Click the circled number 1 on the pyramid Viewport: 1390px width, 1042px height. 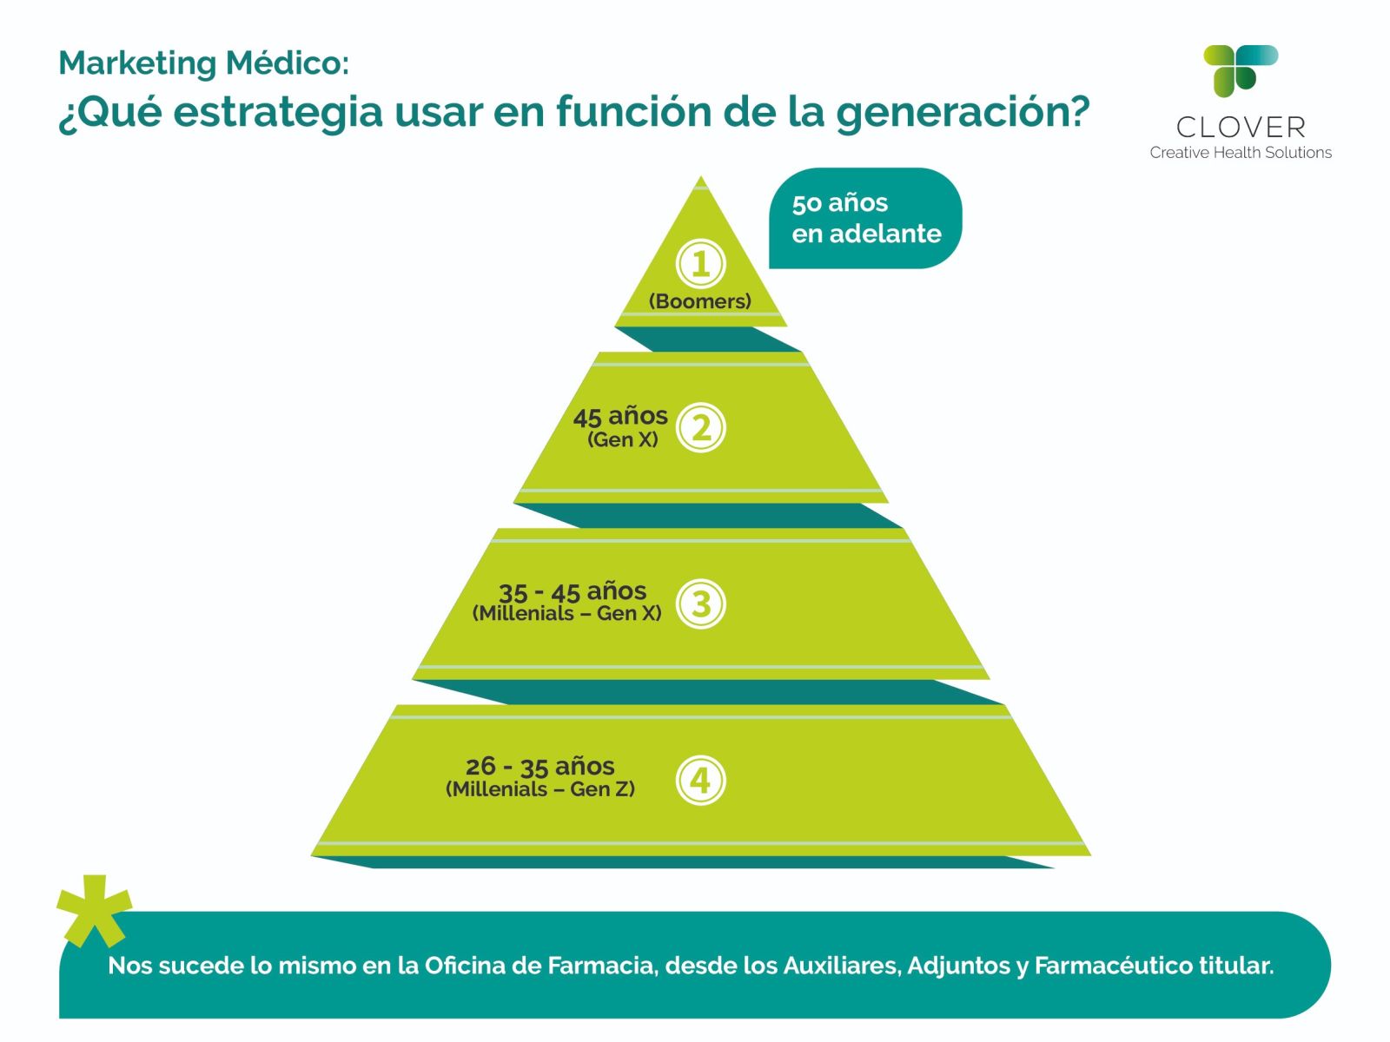[700, 264]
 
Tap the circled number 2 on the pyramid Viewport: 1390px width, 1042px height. [700, 428]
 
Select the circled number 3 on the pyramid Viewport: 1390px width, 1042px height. [700, 603]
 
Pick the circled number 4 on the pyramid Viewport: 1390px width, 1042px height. [700, 780]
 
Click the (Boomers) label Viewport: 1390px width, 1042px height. [699, 301]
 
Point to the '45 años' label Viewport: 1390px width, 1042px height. [620, 416]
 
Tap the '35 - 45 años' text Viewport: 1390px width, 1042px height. [573, 591]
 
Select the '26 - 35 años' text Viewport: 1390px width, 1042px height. [540, 767]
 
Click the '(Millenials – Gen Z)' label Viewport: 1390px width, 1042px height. [540, 789]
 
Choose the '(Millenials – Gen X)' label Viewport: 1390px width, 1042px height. [566, 613]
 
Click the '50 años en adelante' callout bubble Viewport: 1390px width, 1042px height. [865, 218]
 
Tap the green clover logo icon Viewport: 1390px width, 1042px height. [1240, 70]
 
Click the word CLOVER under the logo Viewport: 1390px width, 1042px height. [1241, 127]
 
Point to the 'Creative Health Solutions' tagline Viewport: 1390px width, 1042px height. [1241, 153]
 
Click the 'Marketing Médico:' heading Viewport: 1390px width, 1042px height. [204, 63]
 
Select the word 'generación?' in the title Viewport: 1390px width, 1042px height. [963, 113]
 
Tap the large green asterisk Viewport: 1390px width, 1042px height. [95, 910]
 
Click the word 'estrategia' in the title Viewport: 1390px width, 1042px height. [278, 113]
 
